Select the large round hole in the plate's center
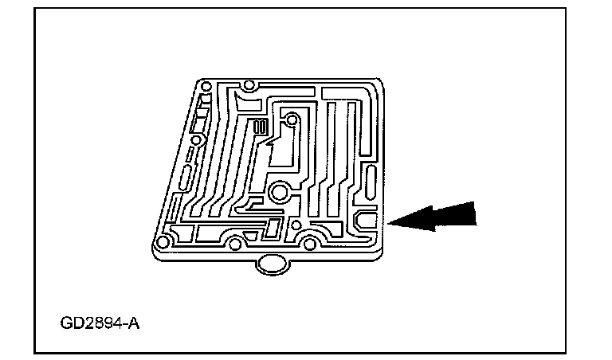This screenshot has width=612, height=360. click(x=279, y=191)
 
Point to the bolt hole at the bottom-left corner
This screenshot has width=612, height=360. click(x=163, y=241)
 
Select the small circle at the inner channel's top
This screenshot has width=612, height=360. click(x=292, y=120)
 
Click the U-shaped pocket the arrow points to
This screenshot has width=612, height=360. click(x=367, y=218)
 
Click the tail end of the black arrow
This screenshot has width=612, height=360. click(x=475, y=212)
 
